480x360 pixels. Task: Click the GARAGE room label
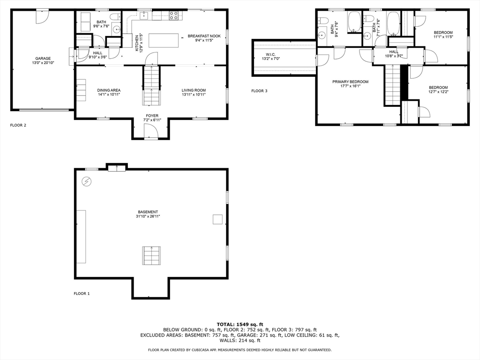[x=43, y=59]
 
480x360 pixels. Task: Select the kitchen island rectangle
[x=164, y=40]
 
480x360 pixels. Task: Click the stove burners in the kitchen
[x=174, y=15]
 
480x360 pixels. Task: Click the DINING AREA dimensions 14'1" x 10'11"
[x=109, y=95]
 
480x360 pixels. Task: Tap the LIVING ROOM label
[x=194, y=90]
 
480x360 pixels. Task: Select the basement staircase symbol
[x=151, y=255]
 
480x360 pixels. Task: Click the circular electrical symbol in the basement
[x=87, y=182]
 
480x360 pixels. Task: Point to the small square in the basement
[x=217, y=219]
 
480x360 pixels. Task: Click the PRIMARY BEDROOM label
[x=351, y=82]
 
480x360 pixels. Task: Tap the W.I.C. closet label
[x=270, y=54]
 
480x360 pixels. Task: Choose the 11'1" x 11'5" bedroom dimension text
[x=443, y=37]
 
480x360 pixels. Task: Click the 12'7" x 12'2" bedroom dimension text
[x=438, y=92]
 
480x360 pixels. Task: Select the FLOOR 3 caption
[x=259, y=91]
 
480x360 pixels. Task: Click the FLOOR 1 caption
[x=82, y=293]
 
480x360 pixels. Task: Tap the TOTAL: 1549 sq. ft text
[x=240, y=324]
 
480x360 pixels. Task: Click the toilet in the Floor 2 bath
[x=115, y=16]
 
